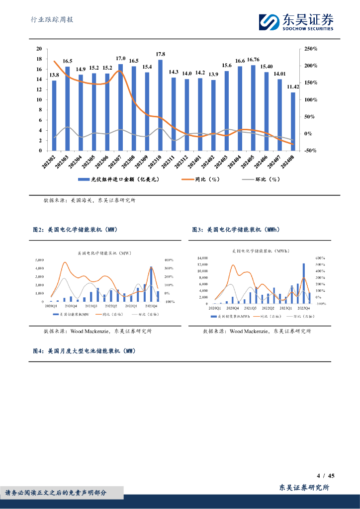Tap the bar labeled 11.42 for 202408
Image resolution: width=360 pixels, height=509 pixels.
tap(293, 121)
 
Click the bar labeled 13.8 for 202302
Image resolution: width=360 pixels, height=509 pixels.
tap(54, 115)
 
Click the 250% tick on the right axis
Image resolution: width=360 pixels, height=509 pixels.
tap(311, 49)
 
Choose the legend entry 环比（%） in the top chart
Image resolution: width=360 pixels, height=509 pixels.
tap(261, 179)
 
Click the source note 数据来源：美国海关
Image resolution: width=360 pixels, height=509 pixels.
tap(89, 200)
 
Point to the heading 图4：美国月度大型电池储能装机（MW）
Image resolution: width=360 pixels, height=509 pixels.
tap(84, 351)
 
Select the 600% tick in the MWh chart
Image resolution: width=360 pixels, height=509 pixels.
tap(320, 258)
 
